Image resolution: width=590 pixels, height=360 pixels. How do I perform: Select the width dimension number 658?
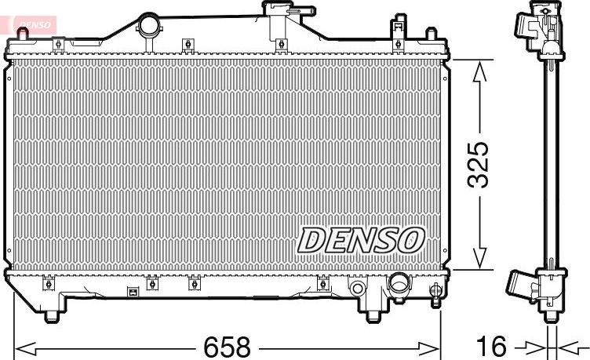pyautogui.click(x=228, y=346)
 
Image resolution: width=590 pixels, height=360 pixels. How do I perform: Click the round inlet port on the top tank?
pyautogui.click(x=147, y=25)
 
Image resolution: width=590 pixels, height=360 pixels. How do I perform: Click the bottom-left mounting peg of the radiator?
pyautogui.click(x=52, y=316)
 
